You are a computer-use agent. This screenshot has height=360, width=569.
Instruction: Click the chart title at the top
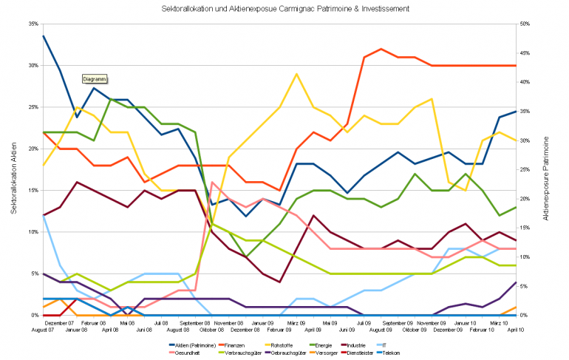point(284,8)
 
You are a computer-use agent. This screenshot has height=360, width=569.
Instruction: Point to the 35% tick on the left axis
point(33,24)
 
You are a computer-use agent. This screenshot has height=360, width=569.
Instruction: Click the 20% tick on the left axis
point(33,149)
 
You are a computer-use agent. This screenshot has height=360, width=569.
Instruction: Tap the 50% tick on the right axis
point(525,24)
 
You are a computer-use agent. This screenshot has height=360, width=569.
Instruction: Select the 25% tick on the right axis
point(525,169)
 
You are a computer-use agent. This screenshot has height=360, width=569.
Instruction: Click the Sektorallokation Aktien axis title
point(14,169)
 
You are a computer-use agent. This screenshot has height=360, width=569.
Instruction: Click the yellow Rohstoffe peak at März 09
point(296,74)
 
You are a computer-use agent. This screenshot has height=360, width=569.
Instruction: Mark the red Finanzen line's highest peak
point(381,49)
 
